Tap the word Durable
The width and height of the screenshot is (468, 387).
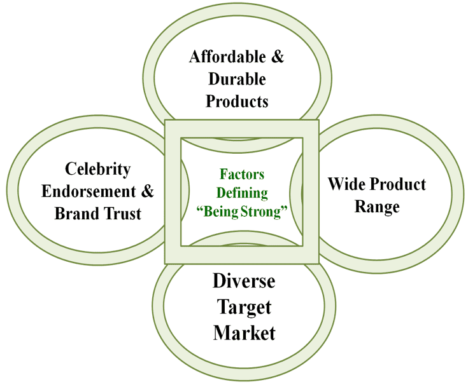coord(236,79)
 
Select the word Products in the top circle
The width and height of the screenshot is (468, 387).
coord(237,101)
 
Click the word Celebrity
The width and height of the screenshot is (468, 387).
coord(98,169)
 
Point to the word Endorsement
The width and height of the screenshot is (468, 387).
coord(89,191)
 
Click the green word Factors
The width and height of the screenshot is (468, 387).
coord(242,173)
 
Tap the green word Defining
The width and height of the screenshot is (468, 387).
coord(242,193)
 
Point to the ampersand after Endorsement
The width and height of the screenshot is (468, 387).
coord(147,191)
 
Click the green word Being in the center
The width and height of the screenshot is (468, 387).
coord(222,212)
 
